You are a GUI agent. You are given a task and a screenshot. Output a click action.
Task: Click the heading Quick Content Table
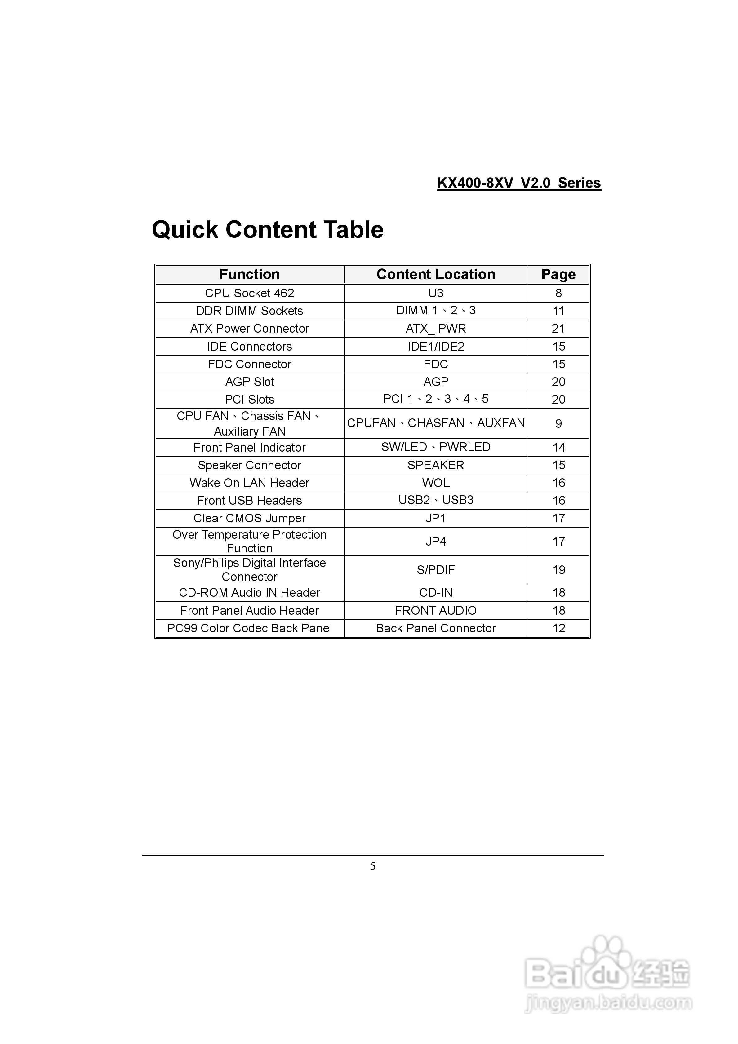[268, 230]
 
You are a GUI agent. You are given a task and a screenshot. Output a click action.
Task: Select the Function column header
[249, 274]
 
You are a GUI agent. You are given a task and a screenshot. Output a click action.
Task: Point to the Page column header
[558, 274]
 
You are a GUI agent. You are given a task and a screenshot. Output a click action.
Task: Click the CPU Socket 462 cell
[249, 293]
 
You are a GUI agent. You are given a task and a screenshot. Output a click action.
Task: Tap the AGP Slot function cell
[249, 382]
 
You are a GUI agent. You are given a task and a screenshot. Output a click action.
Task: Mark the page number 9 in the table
[558, 424]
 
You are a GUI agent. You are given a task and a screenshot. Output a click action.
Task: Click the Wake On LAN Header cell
[249, 483]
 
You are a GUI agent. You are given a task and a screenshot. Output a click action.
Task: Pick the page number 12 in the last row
[558, 628]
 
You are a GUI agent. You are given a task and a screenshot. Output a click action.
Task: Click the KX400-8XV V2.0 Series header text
[519, 183]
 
